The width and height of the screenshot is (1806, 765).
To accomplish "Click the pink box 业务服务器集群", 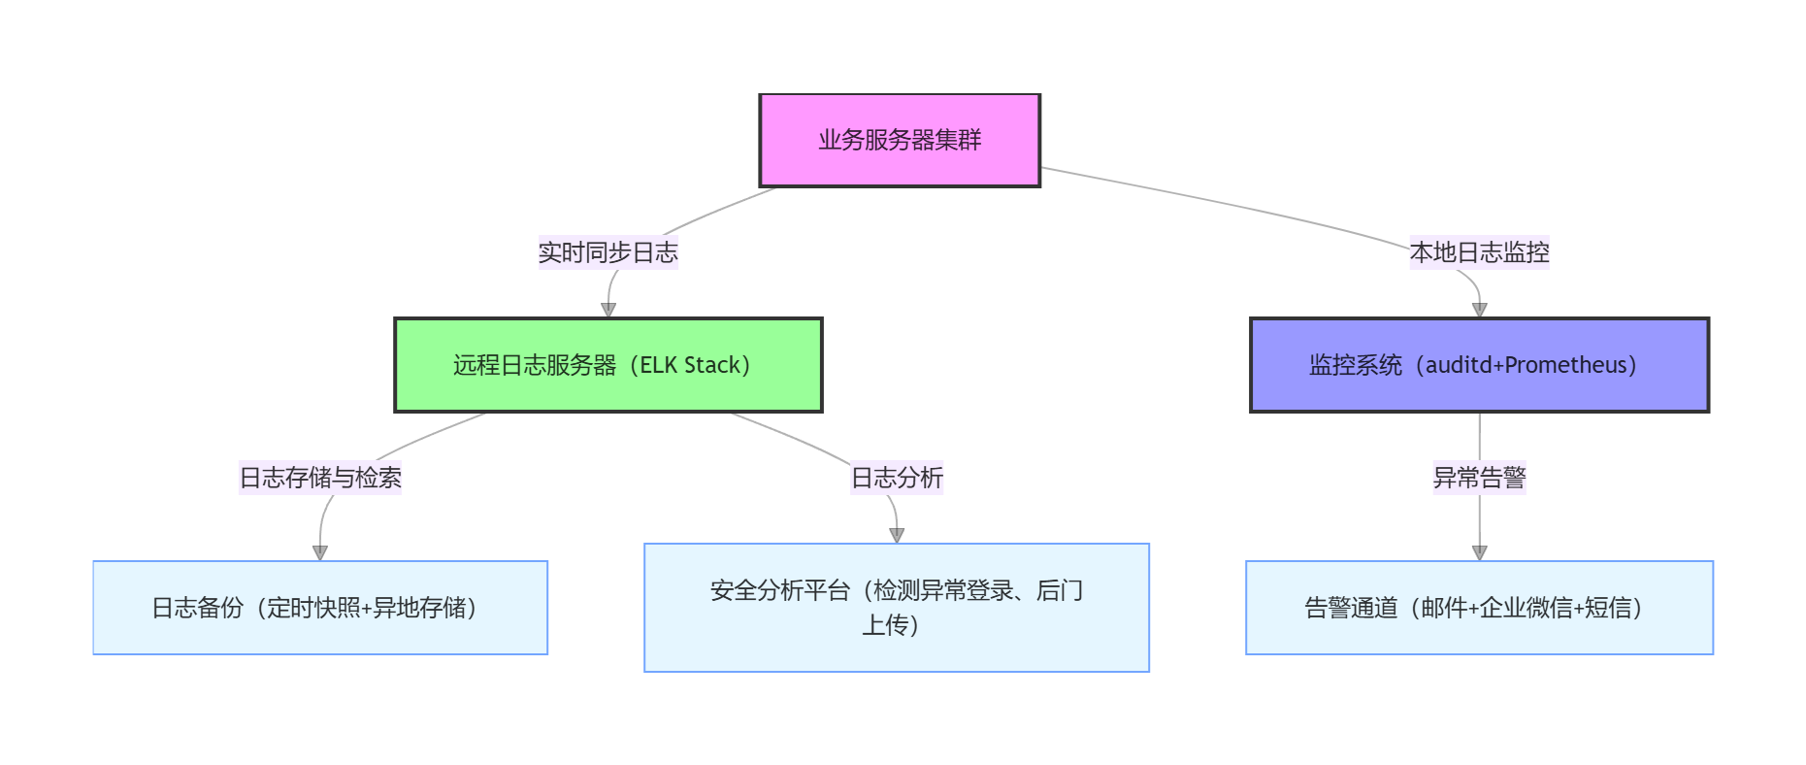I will coord(900,140).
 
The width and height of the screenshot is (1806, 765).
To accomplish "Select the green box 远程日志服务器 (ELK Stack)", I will coord(608,365).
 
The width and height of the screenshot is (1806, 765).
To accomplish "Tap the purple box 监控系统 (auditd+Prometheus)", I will coord(1479,365).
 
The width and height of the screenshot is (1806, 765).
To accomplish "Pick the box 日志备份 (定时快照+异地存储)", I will coord(320,608).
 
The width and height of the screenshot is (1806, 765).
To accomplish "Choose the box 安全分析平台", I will coord(897,608).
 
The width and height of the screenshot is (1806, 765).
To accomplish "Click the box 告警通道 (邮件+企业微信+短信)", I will coord(1479,608).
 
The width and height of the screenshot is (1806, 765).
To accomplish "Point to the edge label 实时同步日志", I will coord(608,252).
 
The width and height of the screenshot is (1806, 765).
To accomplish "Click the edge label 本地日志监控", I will coord(1479,252).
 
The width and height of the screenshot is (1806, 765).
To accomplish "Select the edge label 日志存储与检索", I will coord(320,478).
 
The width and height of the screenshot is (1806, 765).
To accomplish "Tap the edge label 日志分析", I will coord(897,478).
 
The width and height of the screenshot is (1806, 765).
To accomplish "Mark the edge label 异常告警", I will coord(1479,478).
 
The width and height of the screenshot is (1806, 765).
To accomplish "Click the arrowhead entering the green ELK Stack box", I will coord(608,310).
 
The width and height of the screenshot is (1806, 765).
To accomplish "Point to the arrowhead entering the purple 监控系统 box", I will coord(1479,310).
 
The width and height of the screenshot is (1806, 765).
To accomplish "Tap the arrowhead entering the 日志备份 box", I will coord(320,552).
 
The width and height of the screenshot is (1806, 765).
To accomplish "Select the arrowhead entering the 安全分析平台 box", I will coord(897,535).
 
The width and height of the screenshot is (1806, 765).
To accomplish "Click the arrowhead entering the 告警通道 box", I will coord(1479,552).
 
